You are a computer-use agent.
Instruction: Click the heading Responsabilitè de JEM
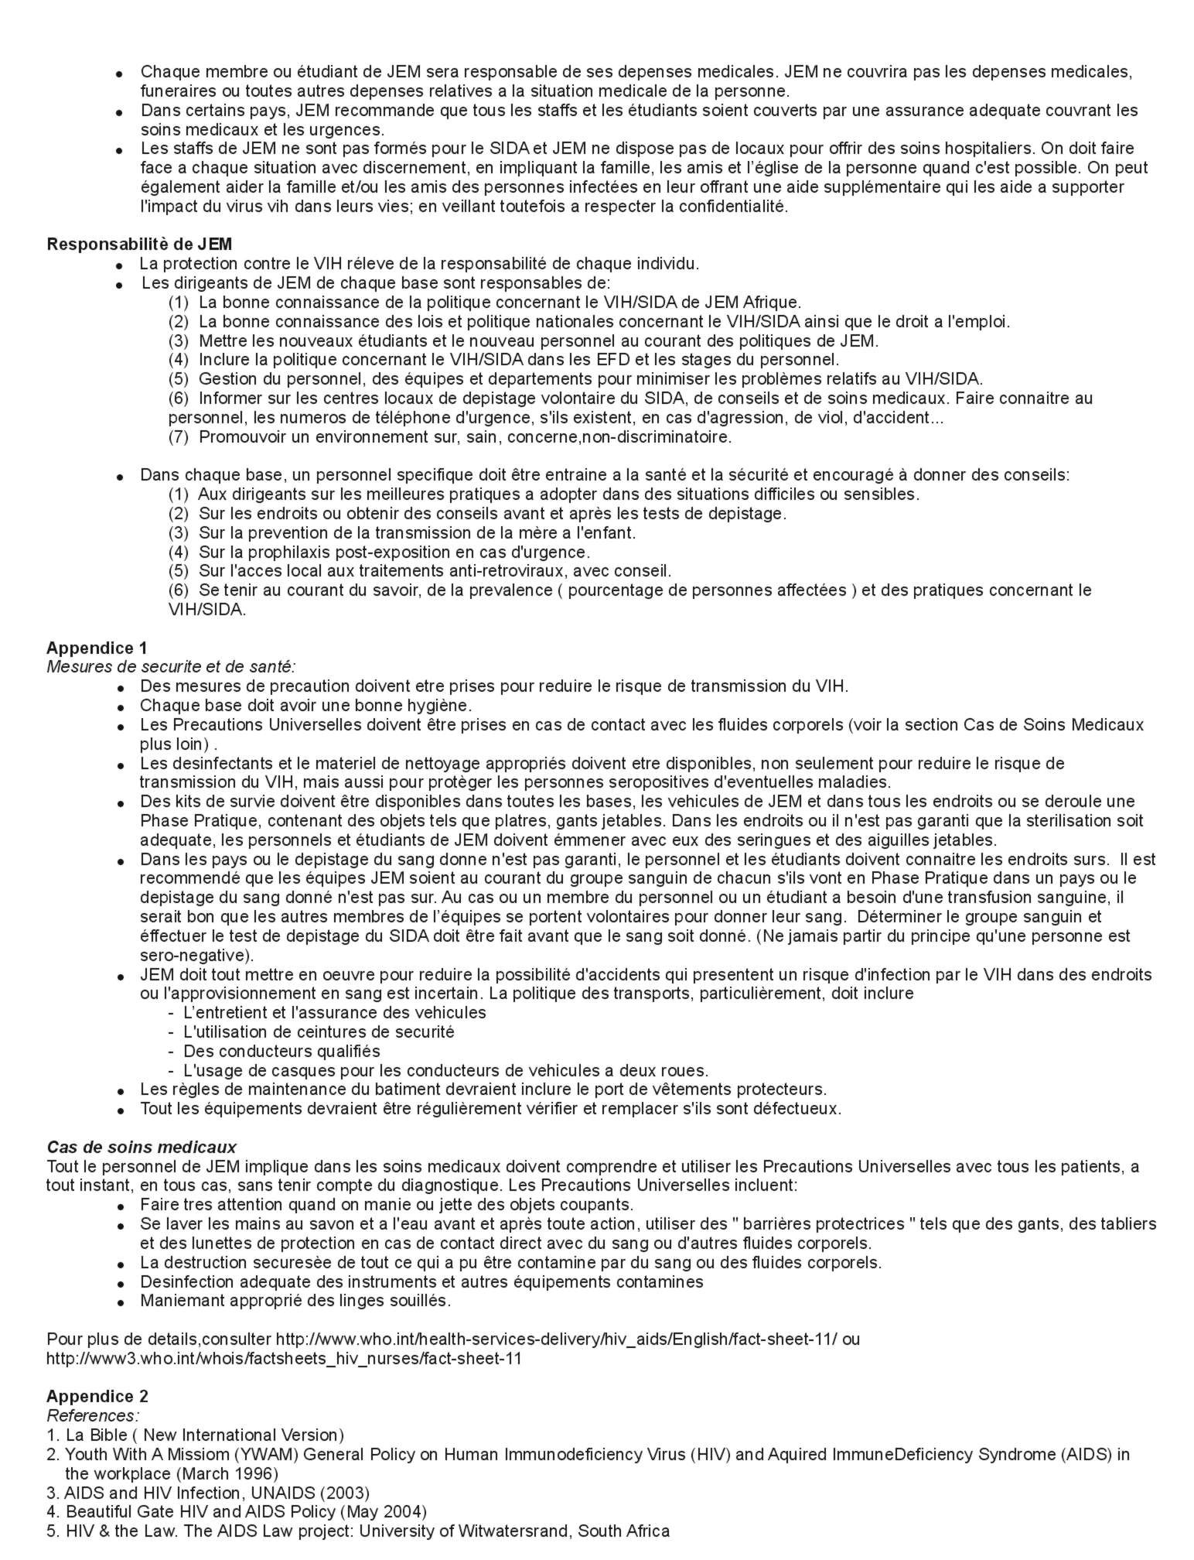tap(139, 245)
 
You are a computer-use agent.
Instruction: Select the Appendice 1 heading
tap(97, 648)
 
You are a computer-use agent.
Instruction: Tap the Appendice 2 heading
tap(97, 1396)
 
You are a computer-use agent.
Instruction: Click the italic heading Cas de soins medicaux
tap(142, 1147)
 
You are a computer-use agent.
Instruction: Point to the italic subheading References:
tap(93, 1415)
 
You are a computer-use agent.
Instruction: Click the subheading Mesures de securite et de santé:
tap(171, 666)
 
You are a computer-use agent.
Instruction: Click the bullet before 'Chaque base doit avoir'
tap(120, 707)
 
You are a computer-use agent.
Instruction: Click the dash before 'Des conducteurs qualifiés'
tap(171, 1052)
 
